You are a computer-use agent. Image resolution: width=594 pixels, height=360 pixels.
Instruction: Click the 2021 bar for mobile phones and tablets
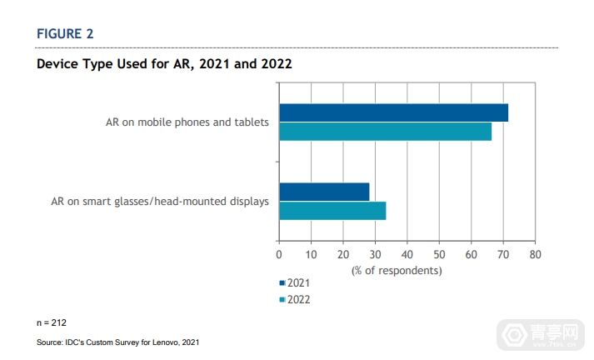pyautogui.click(x=393, y=113)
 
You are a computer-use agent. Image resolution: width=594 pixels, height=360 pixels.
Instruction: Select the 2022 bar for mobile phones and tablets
pyautogui.click(x=385, y=132)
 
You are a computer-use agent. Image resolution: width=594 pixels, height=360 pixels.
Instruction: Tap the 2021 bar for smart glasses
pyautogui.click(x=324, y=192)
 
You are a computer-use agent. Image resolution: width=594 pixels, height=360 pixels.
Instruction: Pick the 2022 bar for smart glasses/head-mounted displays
pyautogui.click(x=332, y=210)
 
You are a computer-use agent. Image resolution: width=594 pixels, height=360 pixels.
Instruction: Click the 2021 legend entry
pyautogui.click(x=295, y=284)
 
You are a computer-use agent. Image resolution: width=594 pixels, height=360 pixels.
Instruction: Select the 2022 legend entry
pyautogui.click(x=295, y=299)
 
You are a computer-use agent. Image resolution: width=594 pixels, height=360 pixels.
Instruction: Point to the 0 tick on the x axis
pyautogui.click(x=279, y=253)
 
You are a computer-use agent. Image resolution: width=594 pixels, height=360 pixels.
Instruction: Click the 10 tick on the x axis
pyautogui.click(x=311, y=253)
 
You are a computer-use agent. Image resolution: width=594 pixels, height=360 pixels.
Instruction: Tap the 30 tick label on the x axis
pyautogui.click(x=375, y=253)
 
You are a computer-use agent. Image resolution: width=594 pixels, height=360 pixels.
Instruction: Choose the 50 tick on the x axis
pyautogui.click(x=439, y=253)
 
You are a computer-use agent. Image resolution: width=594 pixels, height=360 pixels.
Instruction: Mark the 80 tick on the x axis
pyautogui.click(x=535, y=253)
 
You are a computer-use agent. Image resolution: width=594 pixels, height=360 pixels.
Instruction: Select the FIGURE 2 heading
pyautogui.click(x=65, y=33)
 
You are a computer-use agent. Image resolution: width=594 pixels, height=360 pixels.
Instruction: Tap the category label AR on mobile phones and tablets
pyautogui.click(x=187, y=122)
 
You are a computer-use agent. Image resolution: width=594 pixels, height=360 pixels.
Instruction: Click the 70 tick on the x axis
pyautogui.click(x=503, y=253)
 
